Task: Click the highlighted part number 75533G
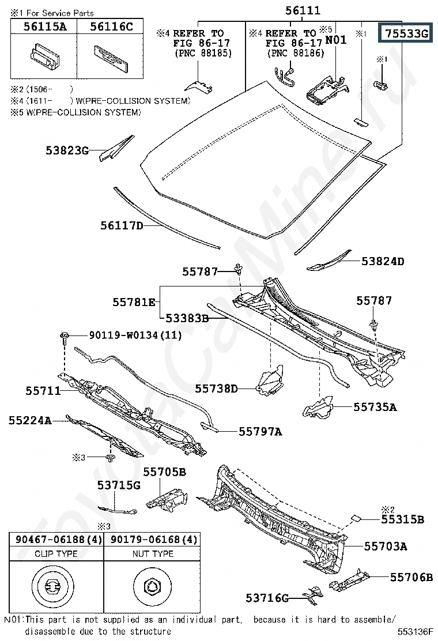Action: coord(406,33)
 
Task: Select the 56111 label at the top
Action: coord(303,10)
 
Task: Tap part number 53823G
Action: coord(67,150)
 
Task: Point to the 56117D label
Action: coord(122,225)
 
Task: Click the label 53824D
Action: coord(383,261)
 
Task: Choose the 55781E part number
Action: coord(134,302)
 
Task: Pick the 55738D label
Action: coord(216,389)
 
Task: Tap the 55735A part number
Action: coord(375,407)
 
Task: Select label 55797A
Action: coord(260,432)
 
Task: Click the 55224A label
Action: coord(30,420)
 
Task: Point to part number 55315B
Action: coord(402,519)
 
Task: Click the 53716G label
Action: coord(267,598)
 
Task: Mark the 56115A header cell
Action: coord(44,26)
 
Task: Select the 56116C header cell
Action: coord(110,26)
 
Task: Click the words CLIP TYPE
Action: coord(56,553)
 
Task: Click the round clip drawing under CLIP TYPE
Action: coord(52,587)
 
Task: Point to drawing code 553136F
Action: coord(415,632)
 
